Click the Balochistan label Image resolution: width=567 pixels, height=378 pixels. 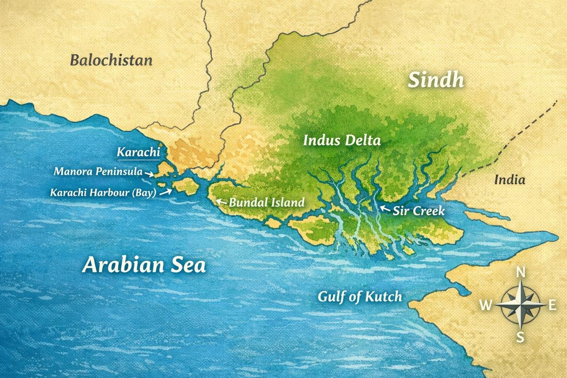click(111, 60)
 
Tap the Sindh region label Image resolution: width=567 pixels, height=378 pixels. click(436, 80)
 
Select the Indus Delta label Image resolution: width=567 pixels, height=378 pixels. click(342, 141)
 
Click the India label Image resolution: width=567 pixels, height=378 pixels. click(509, 180)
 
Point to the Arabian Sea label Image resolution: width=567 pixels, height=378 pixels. click(144, 265)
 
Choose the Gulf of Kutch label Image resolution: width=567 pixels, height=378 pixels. click(360, 296)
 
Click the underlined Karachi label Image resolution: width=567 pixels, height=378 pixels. click(138, 152)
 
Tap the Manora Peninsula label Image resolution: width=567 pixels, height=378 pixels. click(98, 171)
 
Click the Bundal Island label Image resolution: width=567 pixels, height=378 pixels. click(267, 203)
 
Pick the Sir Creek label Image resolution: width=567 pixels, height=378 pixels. click(419, 211)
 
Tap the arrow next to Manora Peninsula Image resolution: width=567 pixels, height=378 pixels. click(151, 174)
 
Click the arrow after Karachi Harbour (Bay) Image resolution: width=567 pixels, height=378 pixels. click(167, 191)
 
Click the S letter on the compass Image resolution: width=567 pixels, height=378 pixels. click(520, 337)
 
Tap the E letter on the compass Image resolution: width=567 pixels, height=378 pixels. click(552, 305)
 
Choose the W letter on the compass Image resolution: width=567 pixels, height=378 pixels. click(486, 305)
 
